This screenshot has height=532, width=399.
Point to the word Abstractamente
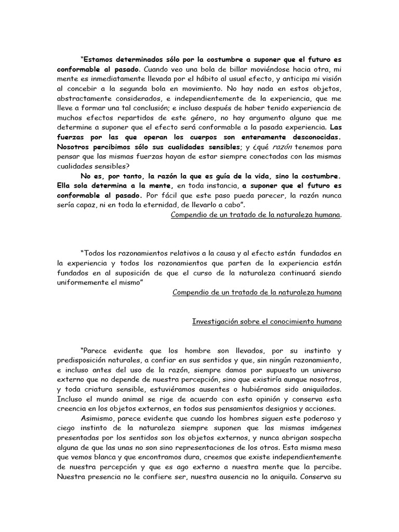tap(87, 99)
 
